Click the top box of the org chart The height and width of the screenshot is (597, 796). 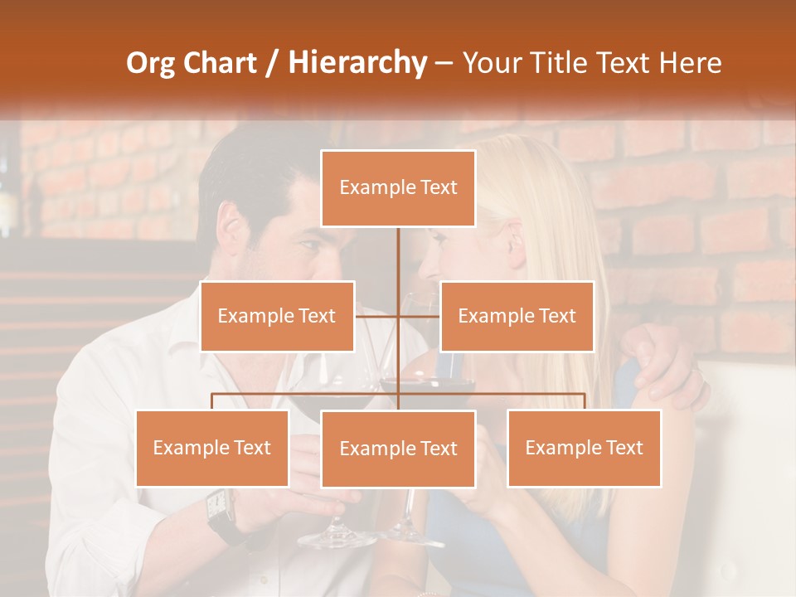(398, 188)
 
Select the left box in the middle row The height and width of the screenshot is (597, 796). (277, 316)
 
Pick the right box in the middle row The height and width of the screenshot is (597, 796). (517, 316)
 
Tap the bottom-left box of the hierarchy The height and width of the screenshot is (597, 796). (212, 448)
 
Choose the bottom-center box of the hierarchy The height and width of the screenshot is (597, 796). (398, 449)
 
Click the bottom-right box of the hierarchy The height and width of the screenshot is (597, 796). (584, 448)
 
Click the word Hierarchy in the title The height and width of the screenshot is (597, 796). (357, 63)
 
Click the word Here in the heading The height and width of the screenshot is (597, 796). (690, 63)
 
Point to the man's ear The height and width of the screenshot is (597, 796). (233, 224)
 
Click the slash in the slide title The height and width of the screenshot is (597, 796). (273, 63)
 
